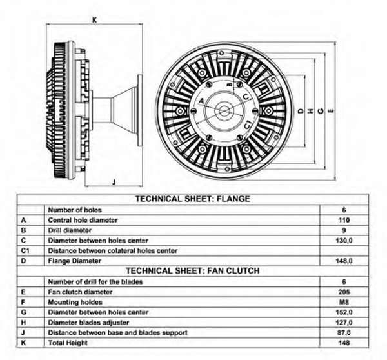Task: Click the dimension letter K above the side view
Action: tap(94, 19)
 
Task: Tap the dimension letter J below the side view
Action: tap(113, 183)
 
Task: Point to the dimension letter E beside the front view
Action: tap(331, 111)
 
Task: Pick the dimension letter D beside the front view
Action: tap(301, 111)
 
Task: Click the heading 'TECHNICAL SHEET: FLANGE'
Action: tap(192, 199)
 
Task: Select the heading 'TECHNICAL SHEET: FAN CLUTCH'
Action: tap(192, 271)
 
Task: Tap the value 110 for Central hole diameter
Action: tap(344, 220)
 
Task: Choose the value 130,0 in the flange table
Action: tap(344, 240)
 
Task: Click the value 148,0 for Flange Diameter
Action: tap(344, 261)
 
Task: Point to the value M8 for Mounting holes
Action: tap(344, 301)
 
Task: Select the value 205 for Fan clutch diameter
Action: tap(344, 291)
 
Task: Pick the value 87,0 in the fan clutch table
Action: tap(344, 332)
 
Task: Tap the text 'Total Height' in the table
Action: tap(66, 343)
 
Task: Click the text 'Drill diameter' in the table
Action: tap(69, 230)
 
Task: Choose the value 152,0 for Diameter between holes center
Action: tap(344, 312)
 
